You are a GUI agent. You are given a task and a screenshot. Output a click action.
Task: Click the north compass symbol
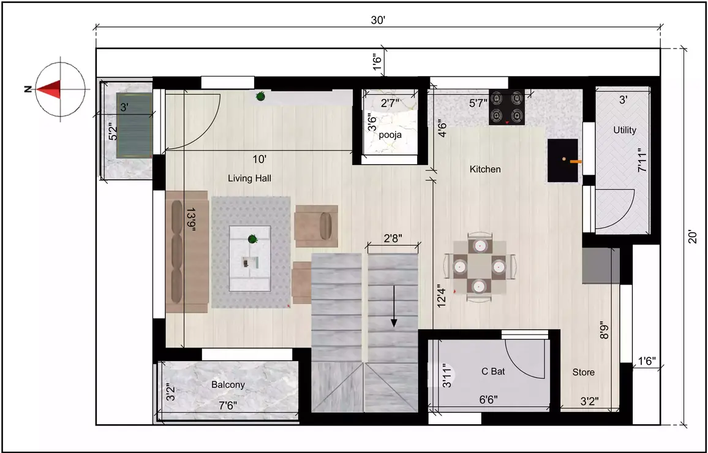pyautogui.click(x=60, y=89)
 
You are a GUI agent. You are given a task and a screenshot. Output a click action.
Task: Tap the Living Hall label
pyautogui.click(x=249, y=178)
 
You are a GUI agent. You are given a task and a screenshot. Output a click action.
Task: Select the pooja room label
pyautogui.click(x=390, y=135)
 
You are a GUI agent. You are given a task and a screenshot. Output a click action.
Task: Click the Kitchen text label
pyautogui.click(x=485, y=169)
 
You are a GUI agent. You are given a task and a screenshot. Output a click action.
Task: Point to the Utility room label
pyautogui.click(x=625, y=130)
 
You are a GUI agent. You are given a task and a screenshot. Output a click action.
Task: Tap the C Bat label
pyautogui.click(x=493, y=371)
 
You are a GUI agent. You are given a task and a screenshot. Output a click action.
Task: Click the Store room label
pyautogui.click(x=583, y=372)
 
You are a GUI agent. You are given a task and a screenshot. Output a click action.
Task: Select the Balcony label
pyautogui.click(x=228, y=385)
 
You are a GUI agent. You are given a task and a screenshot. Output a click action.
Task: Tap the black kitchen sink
pyautogui.click(x=563, y=161)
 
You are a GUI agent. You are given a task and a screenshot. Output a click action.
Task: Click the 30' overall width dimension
pyautogui.click(x=378, y=20)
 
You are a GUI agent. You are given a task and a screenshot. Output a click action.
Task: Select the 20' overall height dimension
pyautogui.click(x=691, y=237)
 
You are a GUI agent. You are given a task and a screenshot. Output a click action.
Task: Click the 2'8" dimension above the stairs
pyautogui.click(x=393, y=238)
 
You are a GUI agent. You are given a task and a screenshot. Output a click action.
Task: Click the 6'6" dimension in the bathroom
pyautogui.click(x=488, y=400)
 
